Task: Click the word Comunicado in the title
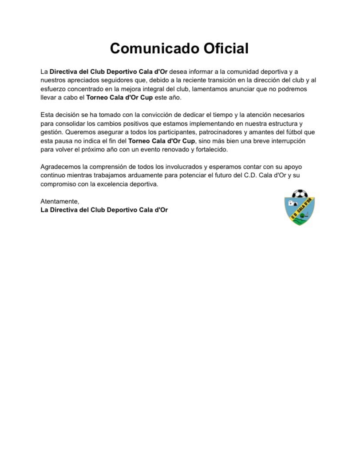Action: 145,48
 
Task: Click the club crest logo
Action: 300,208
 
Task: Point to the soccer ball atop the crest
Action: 300,194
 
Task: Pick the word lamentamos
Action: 216,89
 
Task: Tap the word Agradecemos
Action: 60,167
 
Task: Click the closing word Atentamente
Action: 59,201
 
